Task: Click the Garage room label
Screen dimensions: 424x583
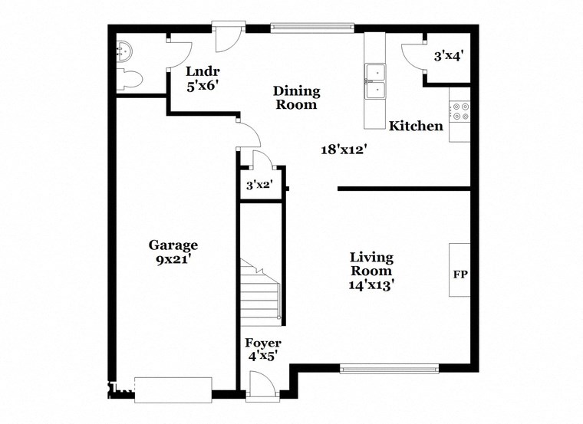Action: coord(173,245)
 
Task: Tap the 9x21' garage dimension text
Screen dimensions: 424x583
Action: coord(173,259)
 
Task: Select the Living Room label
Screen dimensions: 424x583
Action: coord(371,264)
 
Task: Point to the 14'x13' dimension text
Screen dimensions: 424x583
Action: coord(371,284)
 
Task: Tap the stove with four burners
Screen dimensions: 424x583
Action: coord(460,112)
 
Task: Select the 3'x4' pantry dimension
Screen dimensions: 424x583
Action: coord(448,56)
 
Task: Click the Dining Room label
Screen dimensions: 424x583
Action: coord(296,98)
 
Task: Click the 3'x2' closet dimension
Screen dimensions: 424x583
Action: coord(259,185)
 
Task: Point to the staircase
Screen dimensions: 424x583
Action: coord(261,291)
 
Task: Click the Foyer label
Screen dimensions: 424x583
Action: coord(263,349)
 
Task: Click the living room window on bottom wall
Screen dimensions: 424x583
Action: coord(390,369)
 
